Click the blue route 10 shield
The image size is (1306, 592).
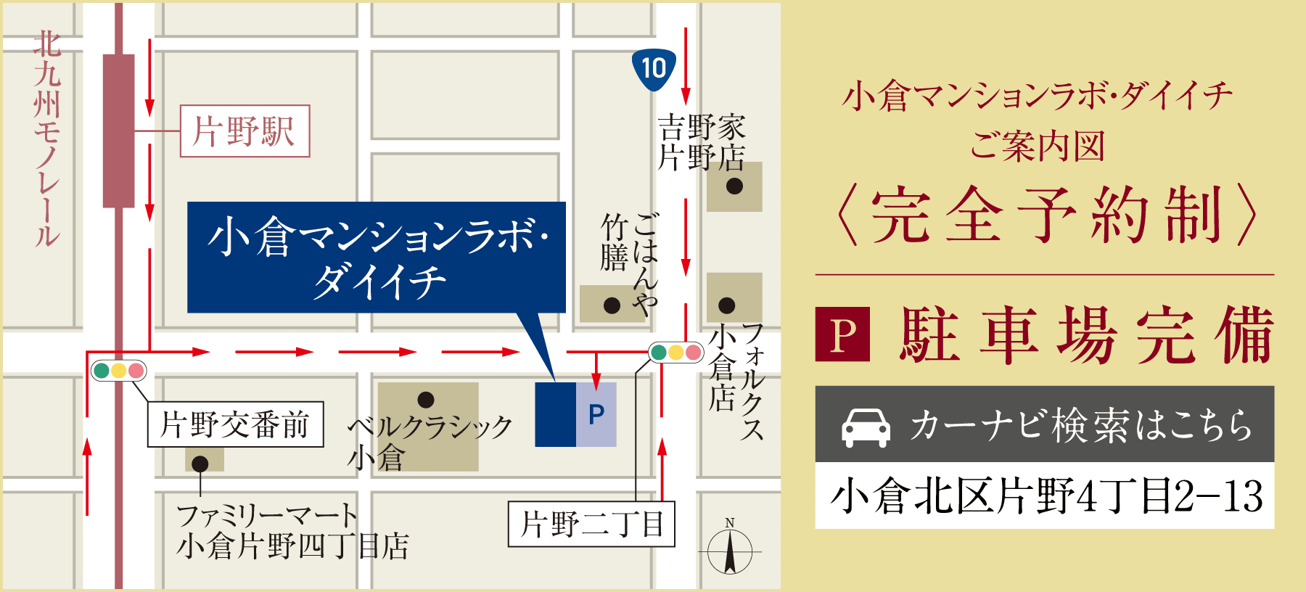(x=654, y=69)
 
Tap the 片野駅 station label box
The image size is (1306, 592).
(x=245, y=131)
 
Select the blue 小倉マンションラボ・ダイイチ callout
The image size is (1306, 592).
(x=376, y=258)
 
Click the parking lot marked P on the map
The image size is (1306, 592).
(x=596, y=414)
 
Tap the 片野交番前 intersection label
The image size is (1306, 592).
(x=235, y=424)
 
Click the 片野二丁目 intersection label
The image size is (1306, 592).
(x=591, y=524)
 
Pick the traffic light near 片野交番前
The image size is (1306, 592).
(x=118, y=371)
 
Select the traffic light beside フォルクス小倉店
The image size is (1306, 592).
(x=675, y=353)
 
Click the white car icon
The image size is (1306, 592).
(x=866, y=427)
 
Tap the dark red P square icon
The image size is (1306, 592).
(x=842, y=334)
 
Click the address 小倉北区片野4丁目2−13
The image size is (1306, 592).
(x=1045, y=496)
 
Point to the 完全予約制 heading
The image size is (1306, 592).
(x=1045, y=215)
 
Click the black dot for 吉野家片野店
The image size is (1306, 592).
(x=734, y=186)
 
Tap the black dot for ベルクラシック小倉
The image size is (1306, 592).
(x=426, y=400)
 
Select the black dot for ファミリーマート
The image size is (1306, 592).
(x=200, y=464)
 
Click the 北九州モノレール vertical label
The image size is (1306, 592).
(x=47, y=138)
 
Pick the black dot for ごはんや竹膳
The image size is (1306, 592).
(x=612, y=305)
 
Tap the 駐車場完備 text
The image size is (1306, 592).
(x=1087, y=334)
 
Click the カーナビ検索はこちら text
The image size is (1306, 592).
(x=1081, y=425)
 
